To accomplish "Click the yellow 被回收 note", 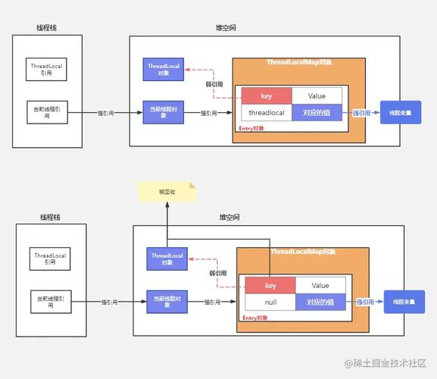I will point(167,193).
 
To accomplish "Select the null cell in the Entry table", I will point(270,302).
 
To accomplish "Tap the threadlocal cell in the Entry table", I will point(267,113).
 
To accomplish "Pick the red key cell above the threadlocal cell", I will point(267,96).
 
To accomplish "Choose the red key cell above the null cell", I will point(270,285).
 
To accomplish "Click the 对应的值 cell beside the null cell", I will point(320,302).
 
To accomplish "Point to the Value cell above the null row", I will point(320,285).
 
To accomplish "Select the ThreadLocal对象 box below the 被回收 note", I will point(167,259).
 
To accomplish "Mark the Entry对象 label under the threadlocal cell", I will point(252,128).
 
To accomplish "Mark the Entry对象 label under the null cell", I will point(256,317).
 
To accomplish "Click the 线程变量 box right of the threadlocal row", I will point(400,113).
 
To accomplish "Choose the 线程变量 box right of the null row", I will point(404,302).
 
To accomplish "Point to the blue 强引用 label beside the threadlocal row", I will point(362,113).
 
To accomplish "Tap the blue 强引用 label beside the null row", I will point(366,302).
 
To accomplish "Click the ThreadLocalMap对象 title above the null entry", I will point(303,252).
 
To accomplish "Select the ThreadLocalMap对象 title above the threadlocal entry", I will point(299,62).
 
